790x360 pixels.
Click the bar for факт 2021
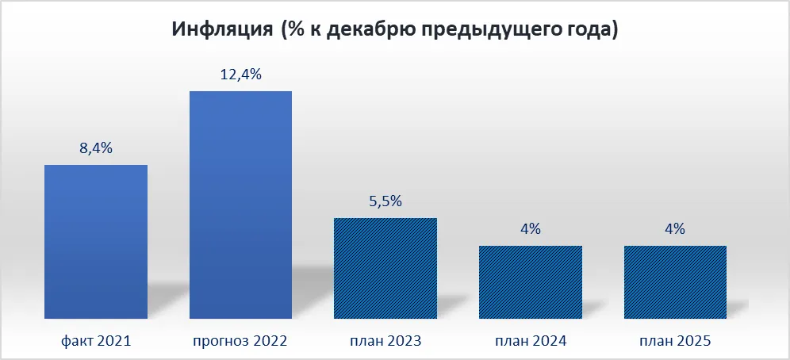[96, 242]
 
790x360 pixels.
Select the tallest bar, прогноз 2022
[240, 205]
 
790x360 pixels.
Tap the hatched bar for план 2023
[385, 268]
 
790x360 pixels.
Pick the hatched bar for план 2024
[531, 282]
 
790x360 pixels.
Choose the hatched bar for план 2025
[675, 282]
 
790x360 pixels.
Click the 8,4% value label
[96, 149]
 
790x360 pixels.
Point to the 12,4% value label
[241, 75]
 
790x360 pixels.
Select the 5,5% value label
[385, 202]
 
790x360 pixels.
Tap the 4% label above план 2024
[531, 229]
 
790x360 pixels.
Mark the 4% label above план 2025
[675, 229]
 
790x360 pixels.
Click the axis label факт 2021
[96, 342]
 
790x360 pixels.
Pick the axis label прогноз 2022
[240, 342]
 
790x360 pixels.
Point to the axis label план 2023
[385, 342]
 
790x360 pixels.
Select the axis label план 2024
[531, 342]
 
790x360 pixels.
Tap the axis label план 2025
[675, 342]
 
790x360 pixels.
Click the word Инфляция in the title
[222, 29]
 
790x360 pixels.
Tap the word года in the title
[585, 31]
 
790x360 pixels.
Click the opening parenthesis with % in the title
[293, 30]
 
